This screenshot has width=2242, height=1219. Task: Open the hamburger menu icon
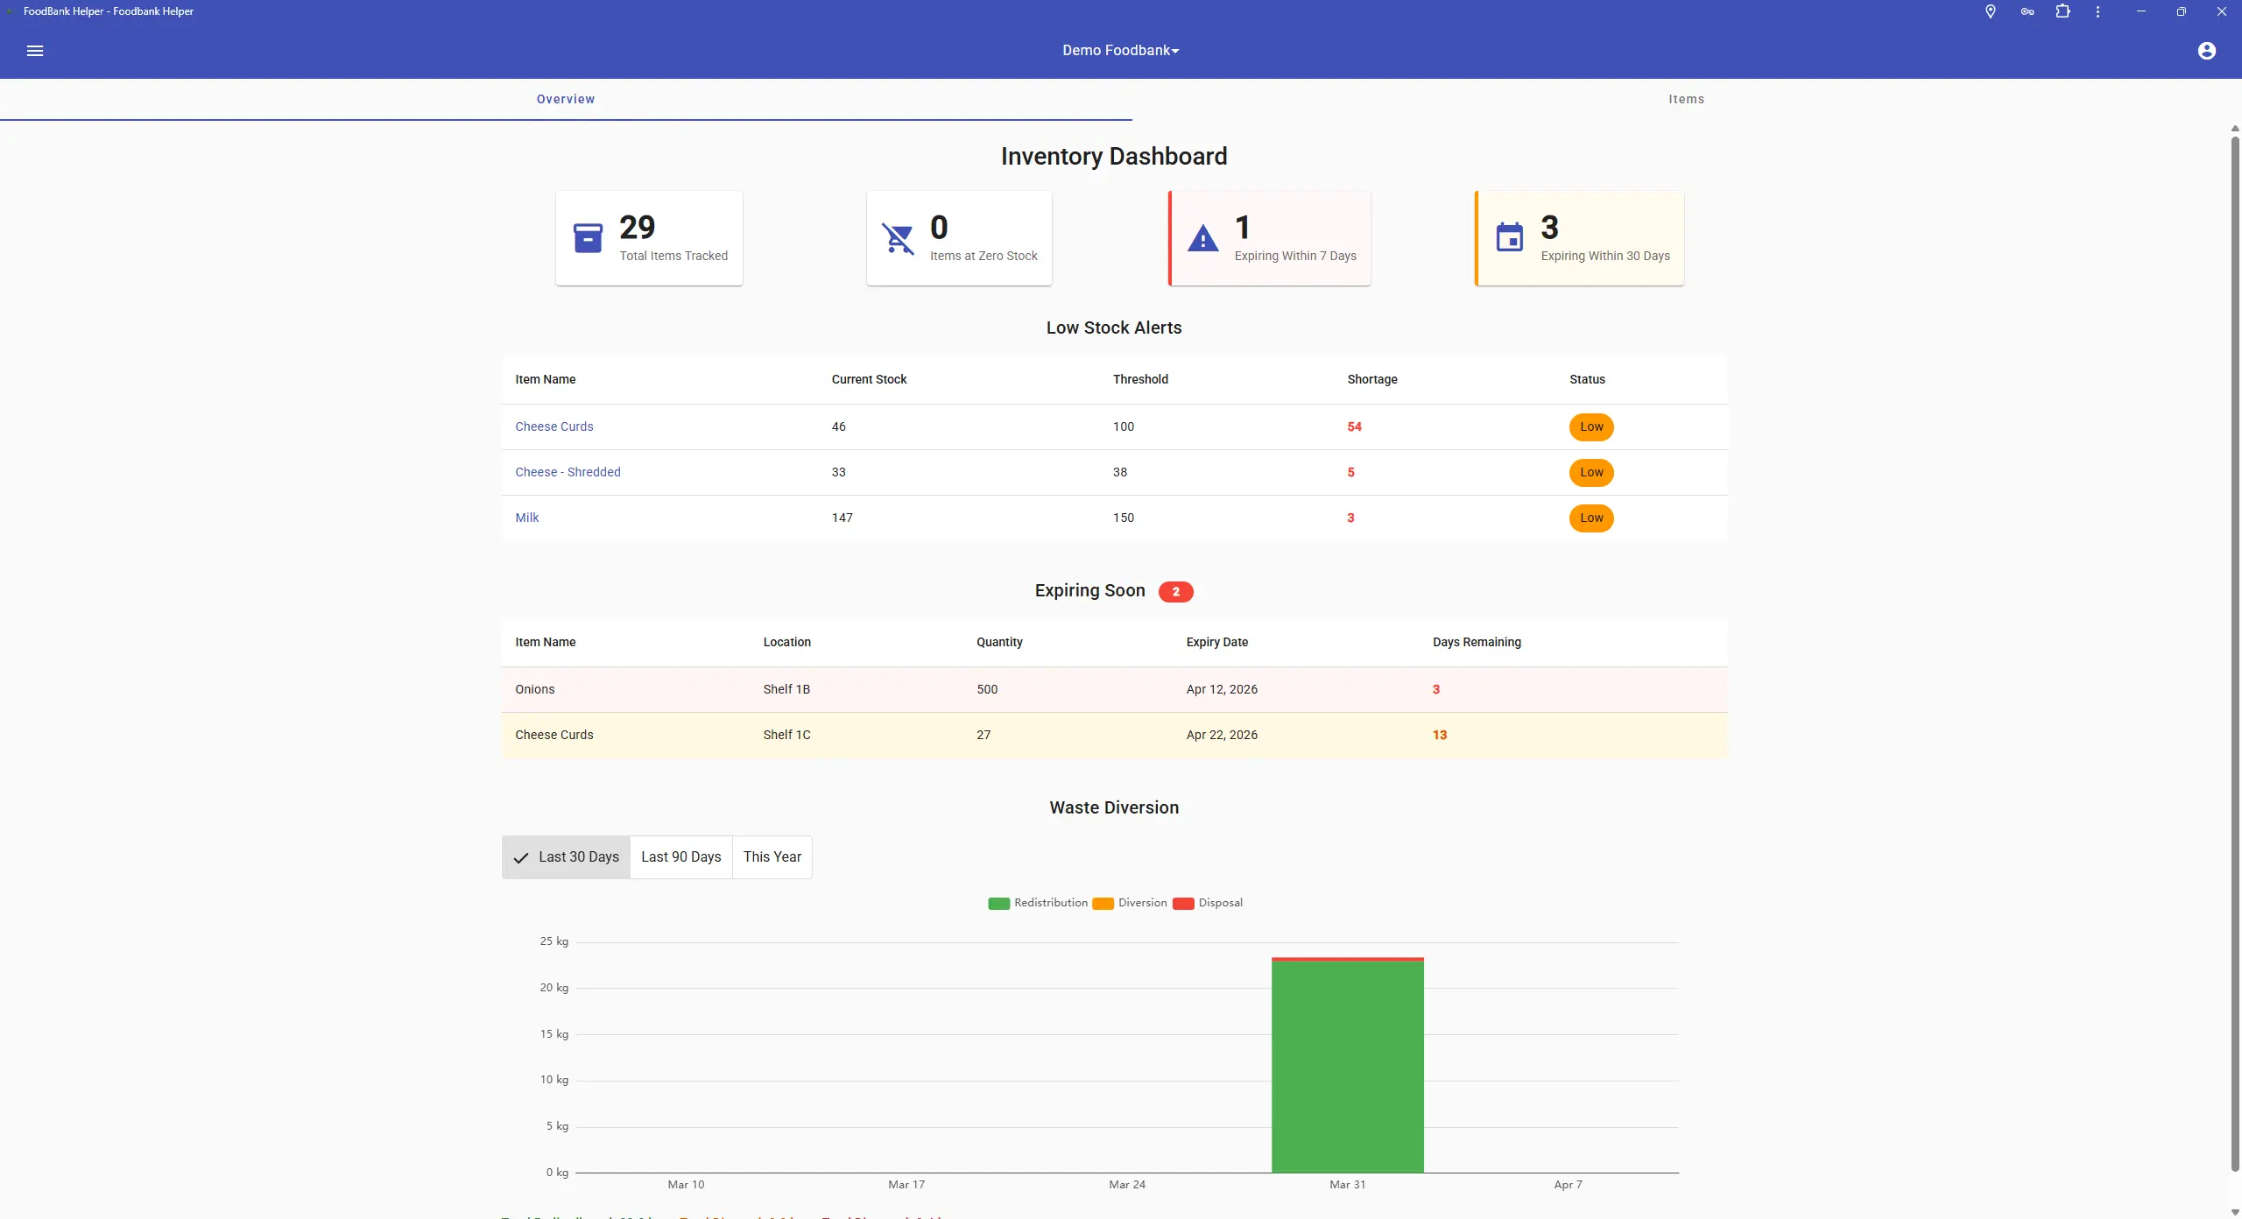pos(35,51)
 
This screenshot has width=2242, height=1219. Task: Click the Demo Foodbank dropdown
pos(1120,51)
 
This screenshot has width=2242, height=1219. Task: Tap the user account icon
pos(2206,51)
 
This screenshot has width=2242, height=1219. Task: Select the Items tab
pos(1686,99)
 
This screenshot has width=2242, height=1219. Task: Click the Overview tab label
pos(566,99)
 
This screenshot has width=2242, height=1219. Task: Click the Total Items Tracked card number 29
pos(637,228)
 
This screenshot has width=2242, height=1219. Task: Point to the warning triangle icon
pos(1202,238)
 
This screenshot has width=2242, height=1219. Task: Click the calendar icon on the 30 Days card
pos(1509,237)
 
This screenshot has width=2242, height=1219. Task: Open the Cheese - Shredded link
pos(568,472)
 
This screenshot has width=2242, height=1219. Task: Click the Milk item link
pos(527,518)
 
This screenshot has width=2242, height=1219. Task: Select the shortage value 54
pos(1354,426)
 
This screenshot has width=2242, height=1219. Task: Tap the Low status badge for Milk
pos(1590,518)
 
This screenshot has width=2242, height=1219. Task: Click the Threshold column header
pos(1140,379)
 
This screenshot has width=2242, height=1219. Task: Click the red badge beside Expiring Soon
pos(1175,592)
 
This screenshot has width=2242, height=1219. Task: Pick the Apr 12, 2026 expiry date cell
pos(1222,689)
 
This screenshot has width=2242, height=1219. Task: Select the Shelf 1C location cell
pos(786,735)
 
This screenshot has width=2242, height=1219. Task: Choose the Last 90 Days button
pos(680,856)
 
